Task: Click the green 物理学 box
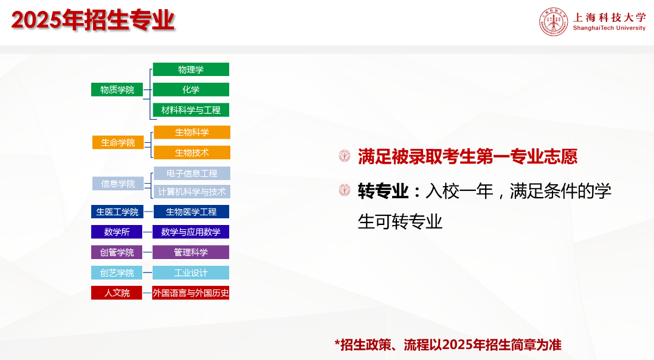pos(191,69)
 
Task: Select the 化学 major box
pos(191,89)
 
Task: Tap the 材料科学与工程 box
pos(191,109)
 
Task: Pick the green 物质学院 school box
pos(117,89)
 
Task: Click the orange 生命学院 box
pos(118,142)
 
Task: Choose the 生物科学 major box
pos(192,132)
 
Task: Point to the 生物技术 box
pos(192,152)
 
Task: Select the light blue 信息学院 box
pos(118,184)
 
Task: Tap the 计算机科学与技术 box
pos(192,192)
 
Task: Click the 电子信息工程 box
pos(192,173)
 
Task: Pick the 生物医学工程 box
pos(191,212)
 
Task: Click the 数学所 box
pos(117,232)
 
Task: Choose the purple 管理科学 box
pos(191,252)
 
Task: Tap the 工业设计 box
pos(191,272)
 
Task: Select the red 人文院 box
pos(117,292)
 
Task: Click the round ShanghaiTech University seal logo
pos(554,22)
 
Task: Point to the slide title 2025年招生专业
pos(92,19)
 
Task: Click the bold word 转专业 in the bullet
pos(383,191)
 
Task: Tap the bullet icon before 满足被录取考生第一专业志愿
pos(345,156)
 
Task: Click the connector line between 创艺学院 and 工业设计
pos(147,272)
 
